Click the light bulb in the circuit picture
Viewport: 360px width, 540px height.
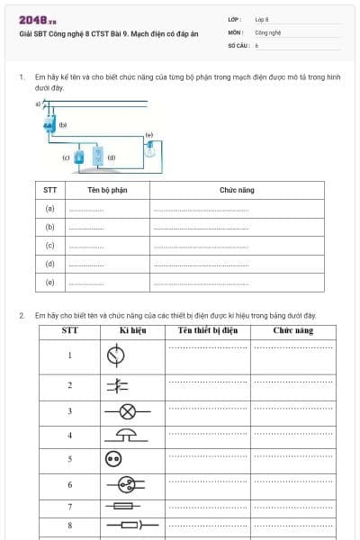tap(150, 149)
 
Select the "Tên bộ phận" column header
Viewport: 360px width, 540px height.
tap(107, 191)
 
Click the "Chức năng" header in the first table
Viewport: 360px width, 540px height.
tap(237, 191)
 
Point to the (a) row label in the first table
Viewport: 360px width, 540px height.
tap(50, 209)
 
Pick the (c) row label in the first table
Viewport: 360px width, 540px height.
tap(50, 246)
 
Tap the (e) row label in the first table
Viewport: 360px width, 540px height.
tap(50, 283)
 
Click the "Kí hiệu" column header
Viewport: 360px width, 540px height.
tap(132, 331)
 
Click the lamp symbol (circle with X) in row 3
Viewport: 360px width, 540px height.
tap(127, 411)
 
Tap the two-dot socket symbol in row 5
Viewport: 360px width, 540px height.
tap(113, 459)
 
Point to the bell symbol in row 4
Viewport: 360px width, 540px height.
tap(127, 435)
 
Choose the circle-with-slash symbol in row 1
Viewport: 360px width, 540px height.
tap(114, 355)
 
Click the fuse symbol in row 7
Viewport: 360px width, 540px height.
tap(122, 507)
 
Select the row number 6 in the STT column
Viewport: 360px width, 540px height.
tap(69, 485)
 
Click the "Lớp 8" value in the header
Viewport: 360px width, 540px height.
tap(262, 19)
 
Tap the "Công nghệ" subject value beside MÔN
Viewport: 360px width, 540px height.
tap(267, 31)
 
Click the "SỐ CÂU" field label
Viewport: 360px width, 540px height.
tap(238, 44)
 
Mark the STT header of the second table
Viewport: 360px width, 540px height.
tap(69, 331)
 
